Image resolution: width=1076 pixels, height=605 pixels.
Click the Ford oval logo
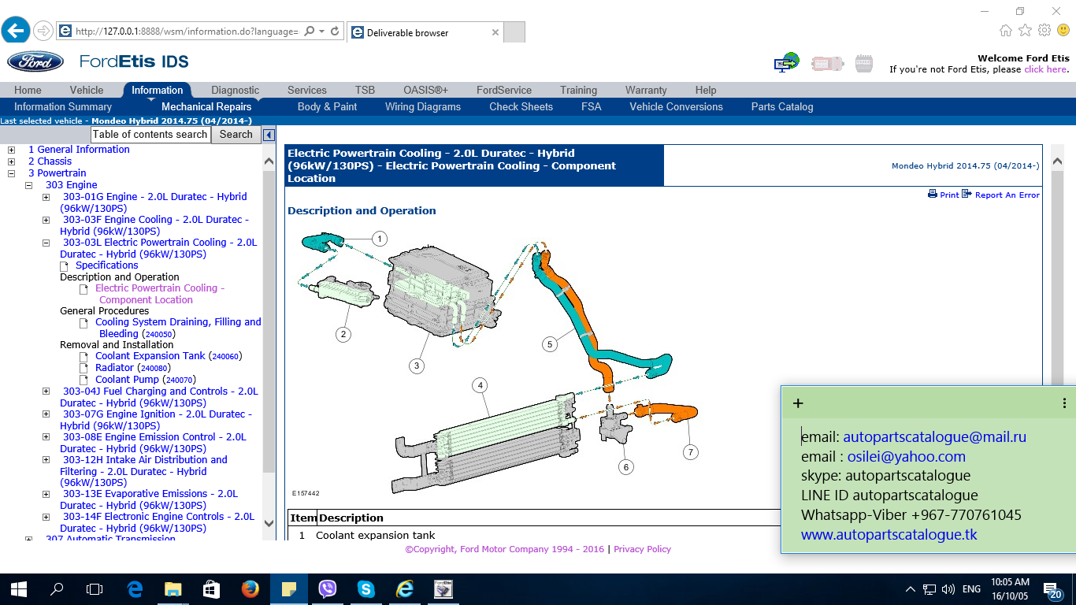35,61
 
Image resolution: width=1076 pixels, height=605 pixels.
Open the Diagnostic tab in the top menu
235,90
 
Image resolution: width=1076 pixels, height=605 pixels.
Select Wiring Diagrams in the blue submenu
423,106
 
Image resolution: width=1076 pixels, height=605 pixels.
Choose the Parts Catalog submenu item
782,106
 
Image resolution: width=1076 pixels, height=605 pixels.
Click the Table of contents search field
150,135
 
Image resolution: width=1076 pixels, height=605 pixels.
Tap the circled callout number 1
380,239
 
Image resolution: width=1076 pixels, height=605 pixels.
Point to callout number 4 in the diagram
480,385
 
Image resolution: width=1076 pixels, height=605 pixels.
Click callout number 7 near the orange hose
690,452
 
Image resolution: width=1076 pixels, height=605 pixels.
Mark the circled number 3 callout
417,366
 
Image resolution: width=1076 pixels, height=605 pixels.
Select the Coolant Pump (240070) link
146,379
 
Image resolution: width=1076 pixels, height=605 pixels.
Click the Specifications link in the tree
106,265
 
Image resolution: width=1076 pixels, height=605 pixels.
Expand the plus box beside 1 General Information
12,150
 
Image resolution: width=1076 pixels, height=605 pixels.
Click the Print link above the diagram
944,195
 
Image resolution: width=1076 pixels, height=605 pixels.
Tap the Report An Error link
1001,195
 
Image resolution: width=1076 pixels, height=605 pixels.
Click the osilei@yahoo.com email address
906,457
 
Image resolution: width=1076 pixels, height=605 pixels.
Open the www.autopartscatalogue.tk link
889,534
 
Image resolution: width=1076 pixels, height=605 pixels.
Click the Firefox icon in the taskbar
250,589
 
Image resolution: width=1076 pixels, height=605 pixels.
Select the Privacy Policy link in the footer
642,549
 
